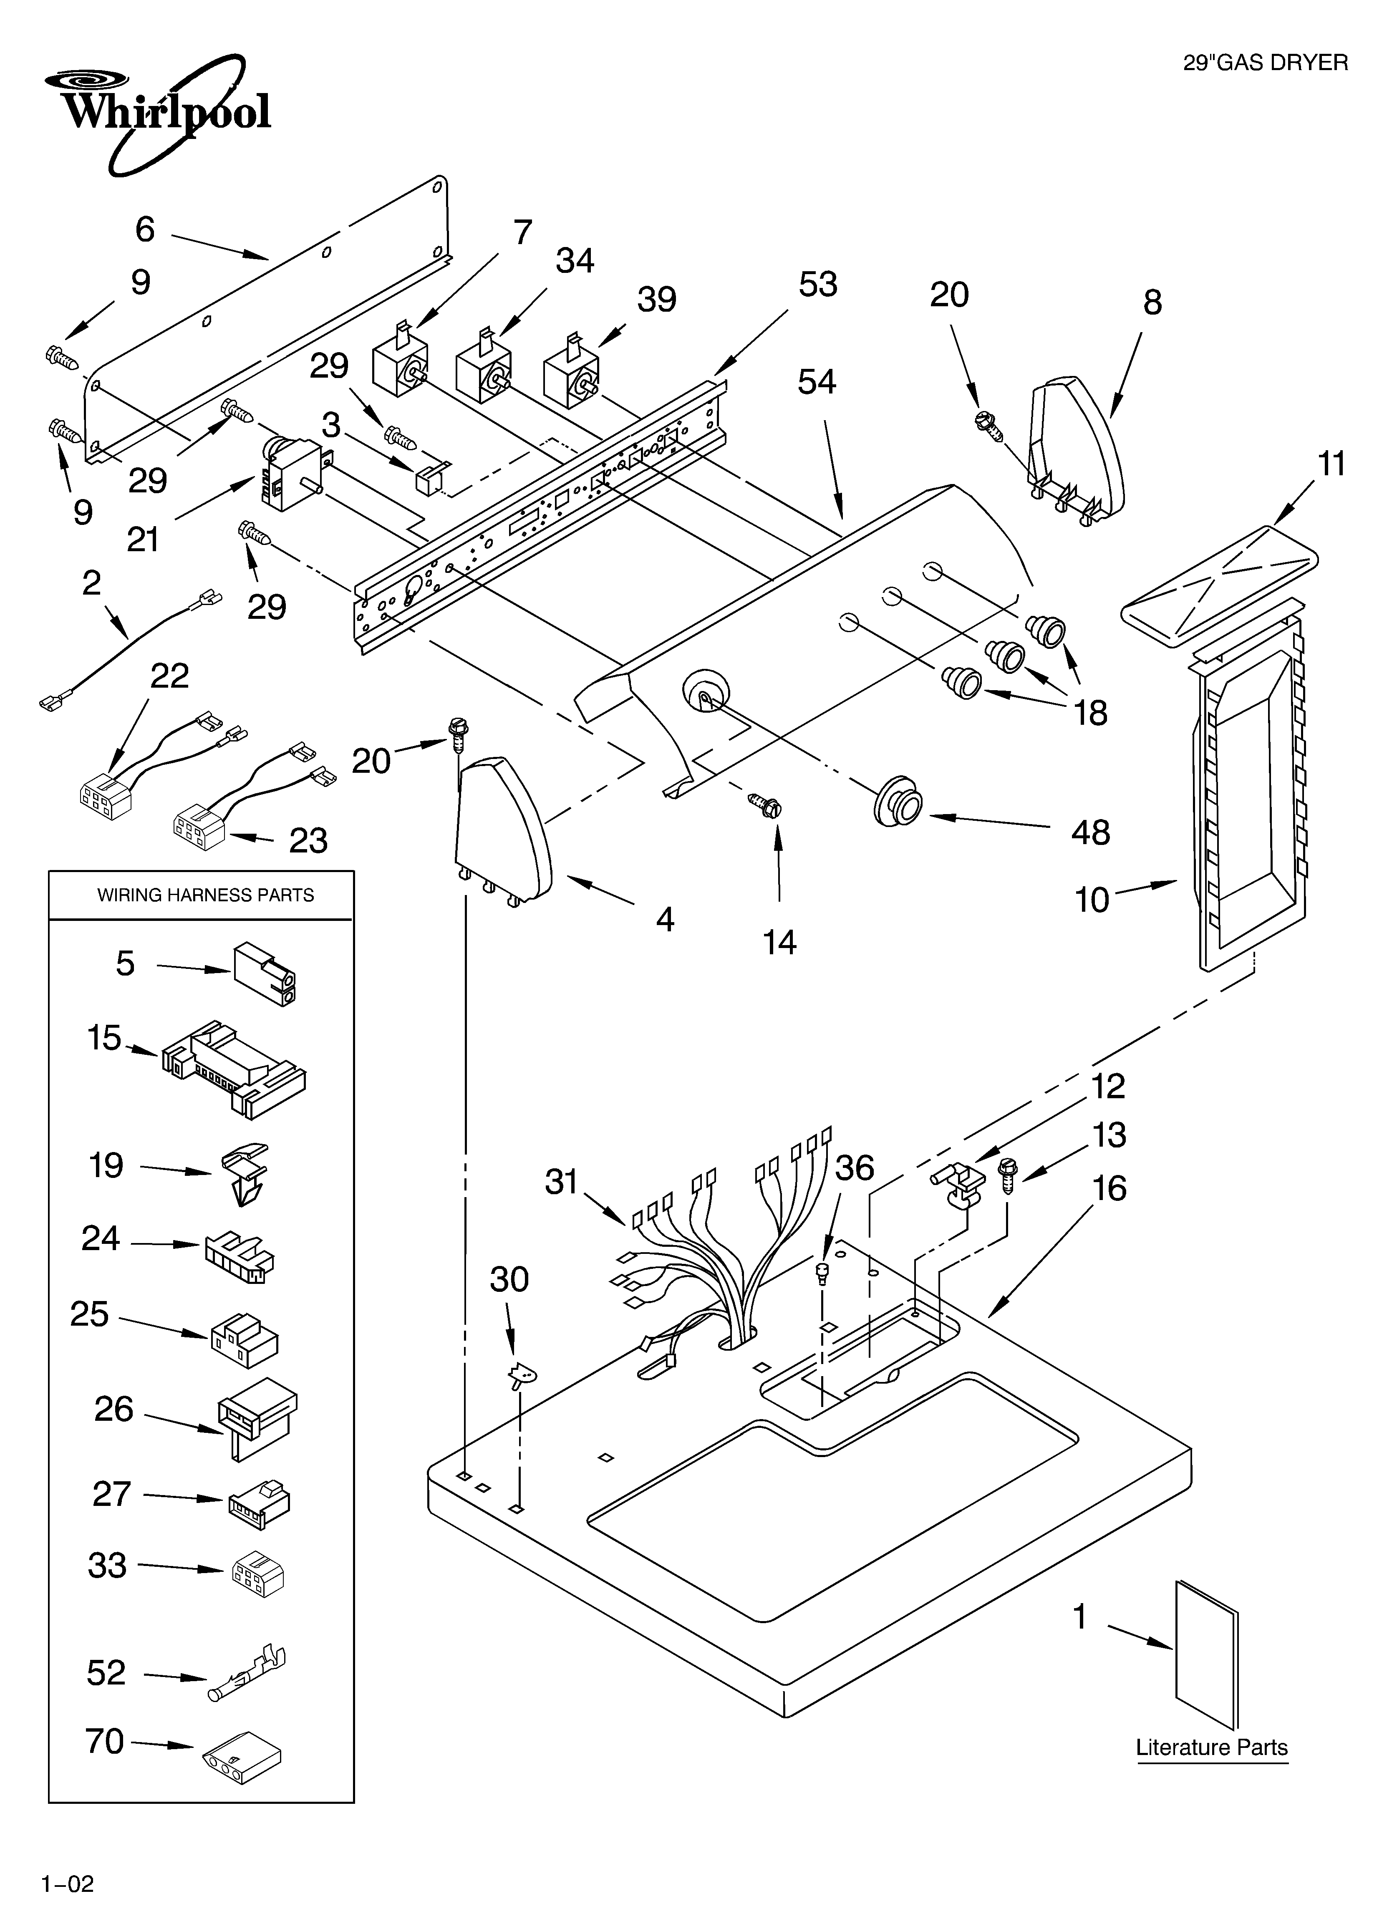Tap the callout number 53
pyautogui.click(x=817, y=284)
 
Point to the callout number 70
pyautogui.click(x=105, y=1741)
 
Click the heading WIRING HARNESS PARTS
pyautogui.click(x=205, y=895)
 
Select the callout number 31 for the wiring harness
pyautogui.click(x=562, y=1181)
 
